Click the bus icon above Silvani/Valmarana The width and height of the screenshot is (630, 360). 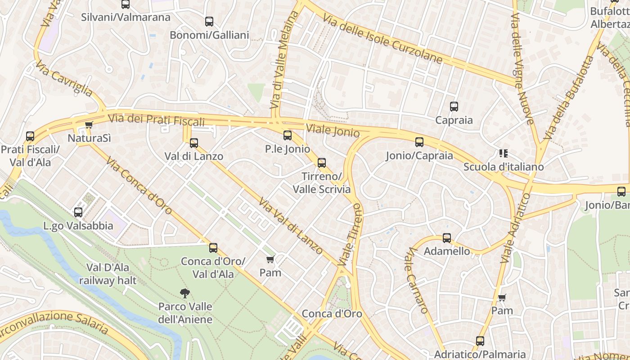(126, 4)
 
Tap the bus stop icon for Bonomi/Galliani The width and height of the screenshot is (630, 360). (209, 22)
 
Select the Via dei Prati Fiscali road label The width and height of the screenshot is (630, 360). (156, 120)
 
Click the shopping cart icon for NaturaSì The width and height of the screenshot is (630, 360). (89, 125)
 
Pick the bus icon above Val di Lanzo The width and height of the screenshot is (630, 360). (194, 143)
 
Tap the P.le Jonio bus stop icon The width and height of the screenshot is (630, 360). (288, 135)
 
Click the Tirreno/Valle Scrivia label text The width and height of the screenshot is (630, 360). (321, 182)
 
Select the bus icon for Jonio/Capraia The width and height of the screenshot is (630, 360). (419, 143)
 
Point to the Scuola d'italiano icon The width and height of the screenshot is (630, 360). (504, 153)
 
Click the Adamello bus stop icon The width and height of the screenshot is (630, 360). (447, 238)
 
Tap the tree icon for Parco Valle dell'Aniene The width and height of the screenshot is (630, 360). (184, 293)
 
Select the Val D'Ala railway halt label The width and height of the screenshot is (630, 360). (108, 274)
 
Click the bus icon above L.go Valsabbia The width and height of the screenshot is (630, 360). (78, 212)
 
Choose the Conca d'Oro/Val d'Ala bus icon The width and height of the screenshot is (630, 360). (213, 248)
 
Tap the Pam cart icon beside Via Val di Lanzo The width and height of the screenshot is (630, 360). (270, 259)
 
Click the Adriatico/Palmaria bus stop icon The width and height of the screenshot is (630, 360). (480, 341)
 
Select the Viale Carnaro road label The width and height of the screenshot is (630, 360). (418, 280)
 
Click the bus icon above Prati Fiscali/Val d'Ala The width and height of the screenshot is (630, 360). (30, 136)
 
